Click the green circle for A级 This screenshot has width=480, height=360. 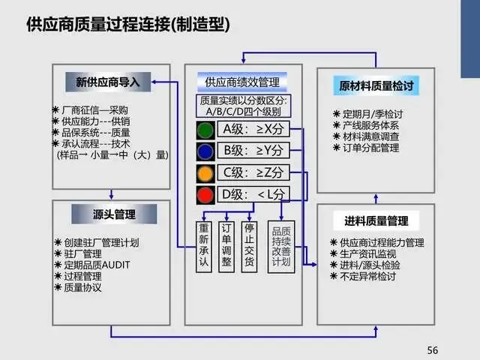pyautogui.click(x=205, y=130)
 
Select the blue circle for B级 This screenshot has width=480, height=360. pyautogui.click(x=205, y=151)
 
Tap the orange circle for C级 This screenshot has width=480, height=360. pyautogui.click(x=205, y=173)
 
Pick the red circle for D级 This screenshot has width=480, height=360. pyautogui.click(x=205, y=195)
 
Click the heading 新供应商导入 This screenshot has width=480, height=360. pyautogui.click(x=108, y=82)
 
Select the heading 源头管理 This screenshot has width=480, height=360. pyautogui.click(x=114, y=214)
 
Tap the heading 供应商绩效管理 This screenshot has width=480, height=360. pyautogui.click(x=242, y=82)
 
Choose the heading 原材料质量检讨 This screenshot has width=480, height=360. pyautogui.click(x=376, y=85)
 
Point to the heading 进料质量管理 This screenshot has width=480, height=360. pyautogui.click(x=376, y=220)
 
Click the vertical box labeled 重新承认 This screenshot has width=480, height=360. pyautogui.click(x=203, y=247)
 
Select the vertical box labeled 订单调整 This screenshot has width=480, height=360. pyautogui.click(x=226, y=247)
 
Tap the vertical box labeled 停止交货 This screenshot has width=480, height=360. pyautogui.click(x=249, y=247)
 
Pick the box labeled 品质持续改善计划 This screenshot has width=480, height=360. pyautogui.click(x=281, y=247)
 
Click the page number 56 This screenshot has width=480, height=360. pyautogui.click(x=433, y=350)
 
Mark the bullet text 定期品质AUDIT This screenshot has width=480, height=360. pyautogui.click(x=97, y=265)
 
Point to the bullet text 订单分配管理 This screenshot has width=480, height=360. pyautogui.click(x=370, y=148)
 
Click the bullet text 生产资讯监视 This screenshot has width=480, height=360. pyautogui.click(x=367, y=253)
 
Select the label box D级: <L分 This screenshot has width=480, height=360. pyautogui.click(x=253, y=194)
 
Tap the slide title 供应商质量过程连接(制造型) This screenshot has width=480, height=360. pyautogui.click(x=128, y=24)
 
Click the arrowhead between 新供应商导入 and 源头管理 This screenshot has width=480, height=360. pyautogui.click(x=112, y=196)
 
